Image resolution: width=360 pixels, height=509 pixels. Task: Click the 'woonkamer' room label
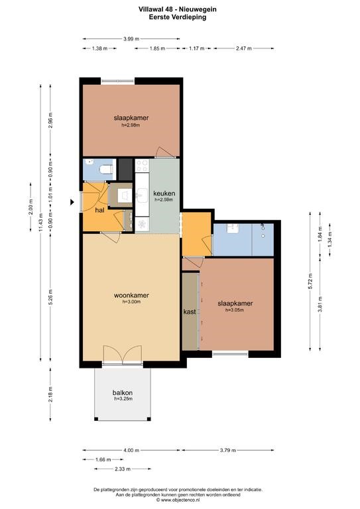tap(131, 296)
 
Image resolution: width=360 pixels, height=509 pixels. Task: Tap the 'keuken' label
tap(164, 193)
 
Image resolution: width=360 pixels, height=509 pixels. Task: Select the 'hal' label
tap(99, 210)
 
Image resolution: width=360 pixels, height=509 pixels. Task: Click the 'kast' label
tap(190, 311)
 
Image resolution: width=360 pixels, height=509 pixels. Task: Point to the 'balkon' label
tap(123, 393)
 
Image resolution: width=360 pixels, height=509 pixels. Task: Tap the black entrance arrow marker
tap(72, 202)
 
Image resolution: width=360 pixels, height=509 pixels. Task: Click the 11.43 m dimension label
tap(40, 223)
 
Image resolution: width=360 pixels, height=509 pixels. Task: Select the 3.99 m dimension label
tap(131, 39)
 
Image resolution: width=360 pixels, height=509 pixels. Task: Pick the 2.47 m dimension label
tap(244, 48)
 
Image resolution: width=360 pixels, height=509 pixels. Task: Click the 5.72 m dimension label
tap(310, 281)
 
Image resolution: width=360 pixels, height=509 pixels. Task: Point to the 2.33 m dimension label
tap(123, 469)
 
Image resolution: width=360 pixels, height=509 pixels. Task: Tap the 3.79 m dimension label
tap(228, 450)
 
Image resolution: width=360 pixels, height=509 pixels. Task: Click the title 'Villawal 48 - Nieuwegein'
tap(178, 9)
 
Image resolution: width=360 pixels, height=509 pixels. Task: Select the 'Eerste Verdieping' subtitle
tap(178, 17)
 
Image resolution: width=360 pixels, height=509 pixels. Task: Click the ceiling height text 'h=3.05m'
tap(235, 310)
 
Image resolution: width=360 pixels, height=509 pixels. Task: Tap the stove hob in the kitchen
tap(142, 165)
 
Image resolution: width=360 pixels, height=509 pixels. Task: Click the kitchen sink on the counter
tap(142, 195)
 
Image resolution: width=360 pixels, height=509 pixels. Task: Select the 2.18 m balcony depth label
tap(50, 394)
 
